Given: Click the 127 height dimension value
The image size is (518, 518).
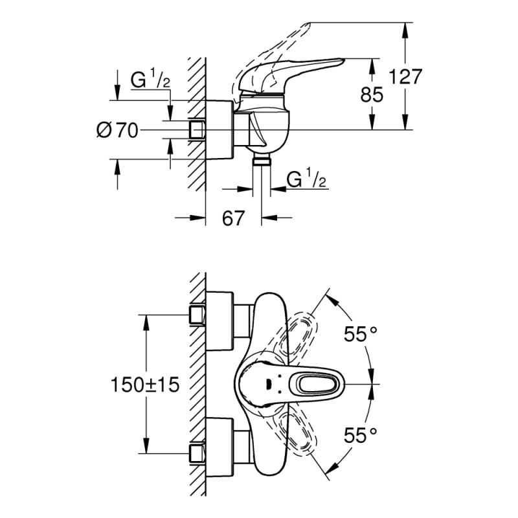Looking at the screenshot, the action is (x=405, y=76).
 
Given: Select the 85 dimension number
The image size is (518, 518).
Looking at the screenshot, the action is (x=372, y=95).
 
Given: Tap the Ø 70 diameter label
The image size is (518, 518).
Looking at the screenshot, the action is (x=117, y=130).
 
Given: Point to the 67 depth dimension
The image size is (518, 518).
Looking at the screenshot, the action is (x=233, y=218).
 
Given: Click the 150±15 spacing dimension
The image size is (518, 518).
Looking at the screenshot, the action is (x=145, y=385).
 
